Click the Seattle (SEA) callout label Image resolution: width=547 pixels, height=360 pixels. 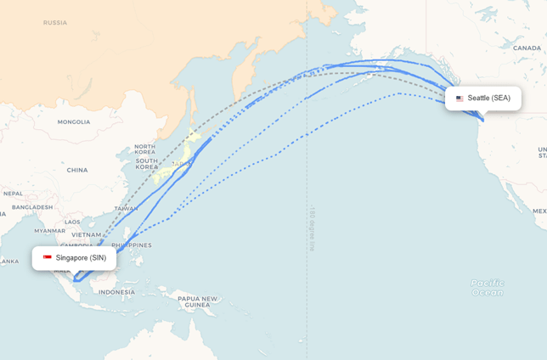(x=483, y=98)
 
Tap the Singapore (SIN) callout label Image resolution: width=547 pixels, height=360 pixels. (x=75, y=257)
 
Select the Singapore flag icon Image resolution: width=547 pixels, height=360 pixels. (x=48, y=257)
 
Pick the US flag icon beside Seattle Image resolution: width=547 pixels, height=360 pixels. (x=460, y=98)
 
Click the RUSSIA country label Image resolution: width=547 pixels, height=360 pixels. (x=54, y=23)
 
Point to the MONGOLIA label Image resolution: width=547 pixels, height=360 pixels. (x=73, y=122)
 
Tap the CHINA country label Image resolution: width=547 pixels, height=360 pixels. (x=77, y=170)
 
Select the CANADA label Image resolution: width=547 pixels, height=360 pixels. (x=527, y=48)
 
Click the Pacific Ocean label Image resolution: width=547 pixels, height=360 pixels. (x=487, y=288)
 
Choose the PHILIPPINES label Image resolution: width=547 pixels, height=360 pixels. (x=131, y=245)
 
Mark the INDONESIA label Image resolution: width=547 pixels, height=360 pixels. (x=116, y=292)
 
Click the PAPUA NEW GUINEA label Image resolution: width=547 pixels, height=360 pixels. (x=197, y=301)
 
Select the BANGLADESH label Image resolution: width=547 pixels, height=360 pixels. (x=32, y=207)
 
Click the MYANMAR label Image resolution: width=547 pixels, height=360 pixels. (x=50, y=230)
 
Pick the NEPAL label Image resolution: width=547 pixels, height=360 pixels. (x=13, y=194)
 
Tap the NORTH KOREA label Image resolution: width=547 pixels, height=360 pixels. (x=144, y=149)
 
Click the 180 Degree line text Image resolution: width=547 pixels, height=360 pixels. (x=312, y=227)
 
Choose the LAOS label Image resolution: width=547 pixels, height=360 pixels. (x=72, y=222)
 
